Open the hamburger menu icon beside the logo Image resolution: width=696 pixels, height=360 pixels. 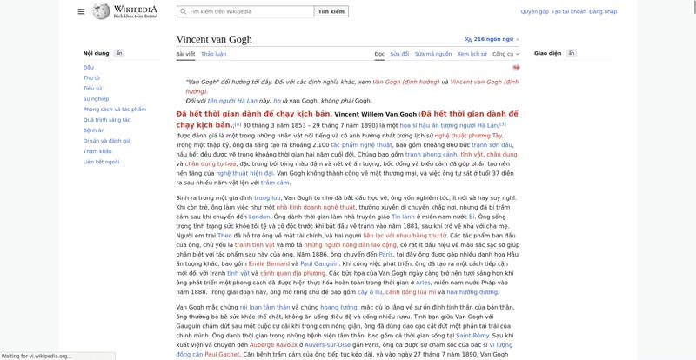click(81, 12)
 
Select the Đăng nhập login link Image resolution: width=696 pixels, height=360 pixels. click(603, 12)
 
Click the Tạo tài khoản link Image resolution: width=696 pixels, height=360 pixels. click(569, 12)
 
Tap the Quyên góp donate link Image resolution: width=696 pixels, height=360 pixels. click(534, 12)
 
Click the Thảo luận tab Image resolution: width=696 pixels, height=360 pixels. click(213, 54)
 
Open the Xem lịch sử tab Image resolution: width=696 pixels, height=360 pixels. click(472, 54)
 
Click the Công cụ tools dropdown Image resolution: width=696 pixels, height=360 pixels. click(505, 54)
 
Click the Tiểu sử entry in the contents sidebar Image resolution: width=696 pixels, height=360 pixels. click(92, 88)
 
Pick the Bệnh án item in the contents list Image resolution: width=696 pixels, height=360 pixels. click(93, 130)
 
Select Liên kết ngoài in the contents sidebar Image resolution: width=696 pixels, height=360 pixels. click(101, 162)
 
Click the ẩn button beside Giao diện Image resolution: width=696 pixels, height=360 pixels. click(572, 54)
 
